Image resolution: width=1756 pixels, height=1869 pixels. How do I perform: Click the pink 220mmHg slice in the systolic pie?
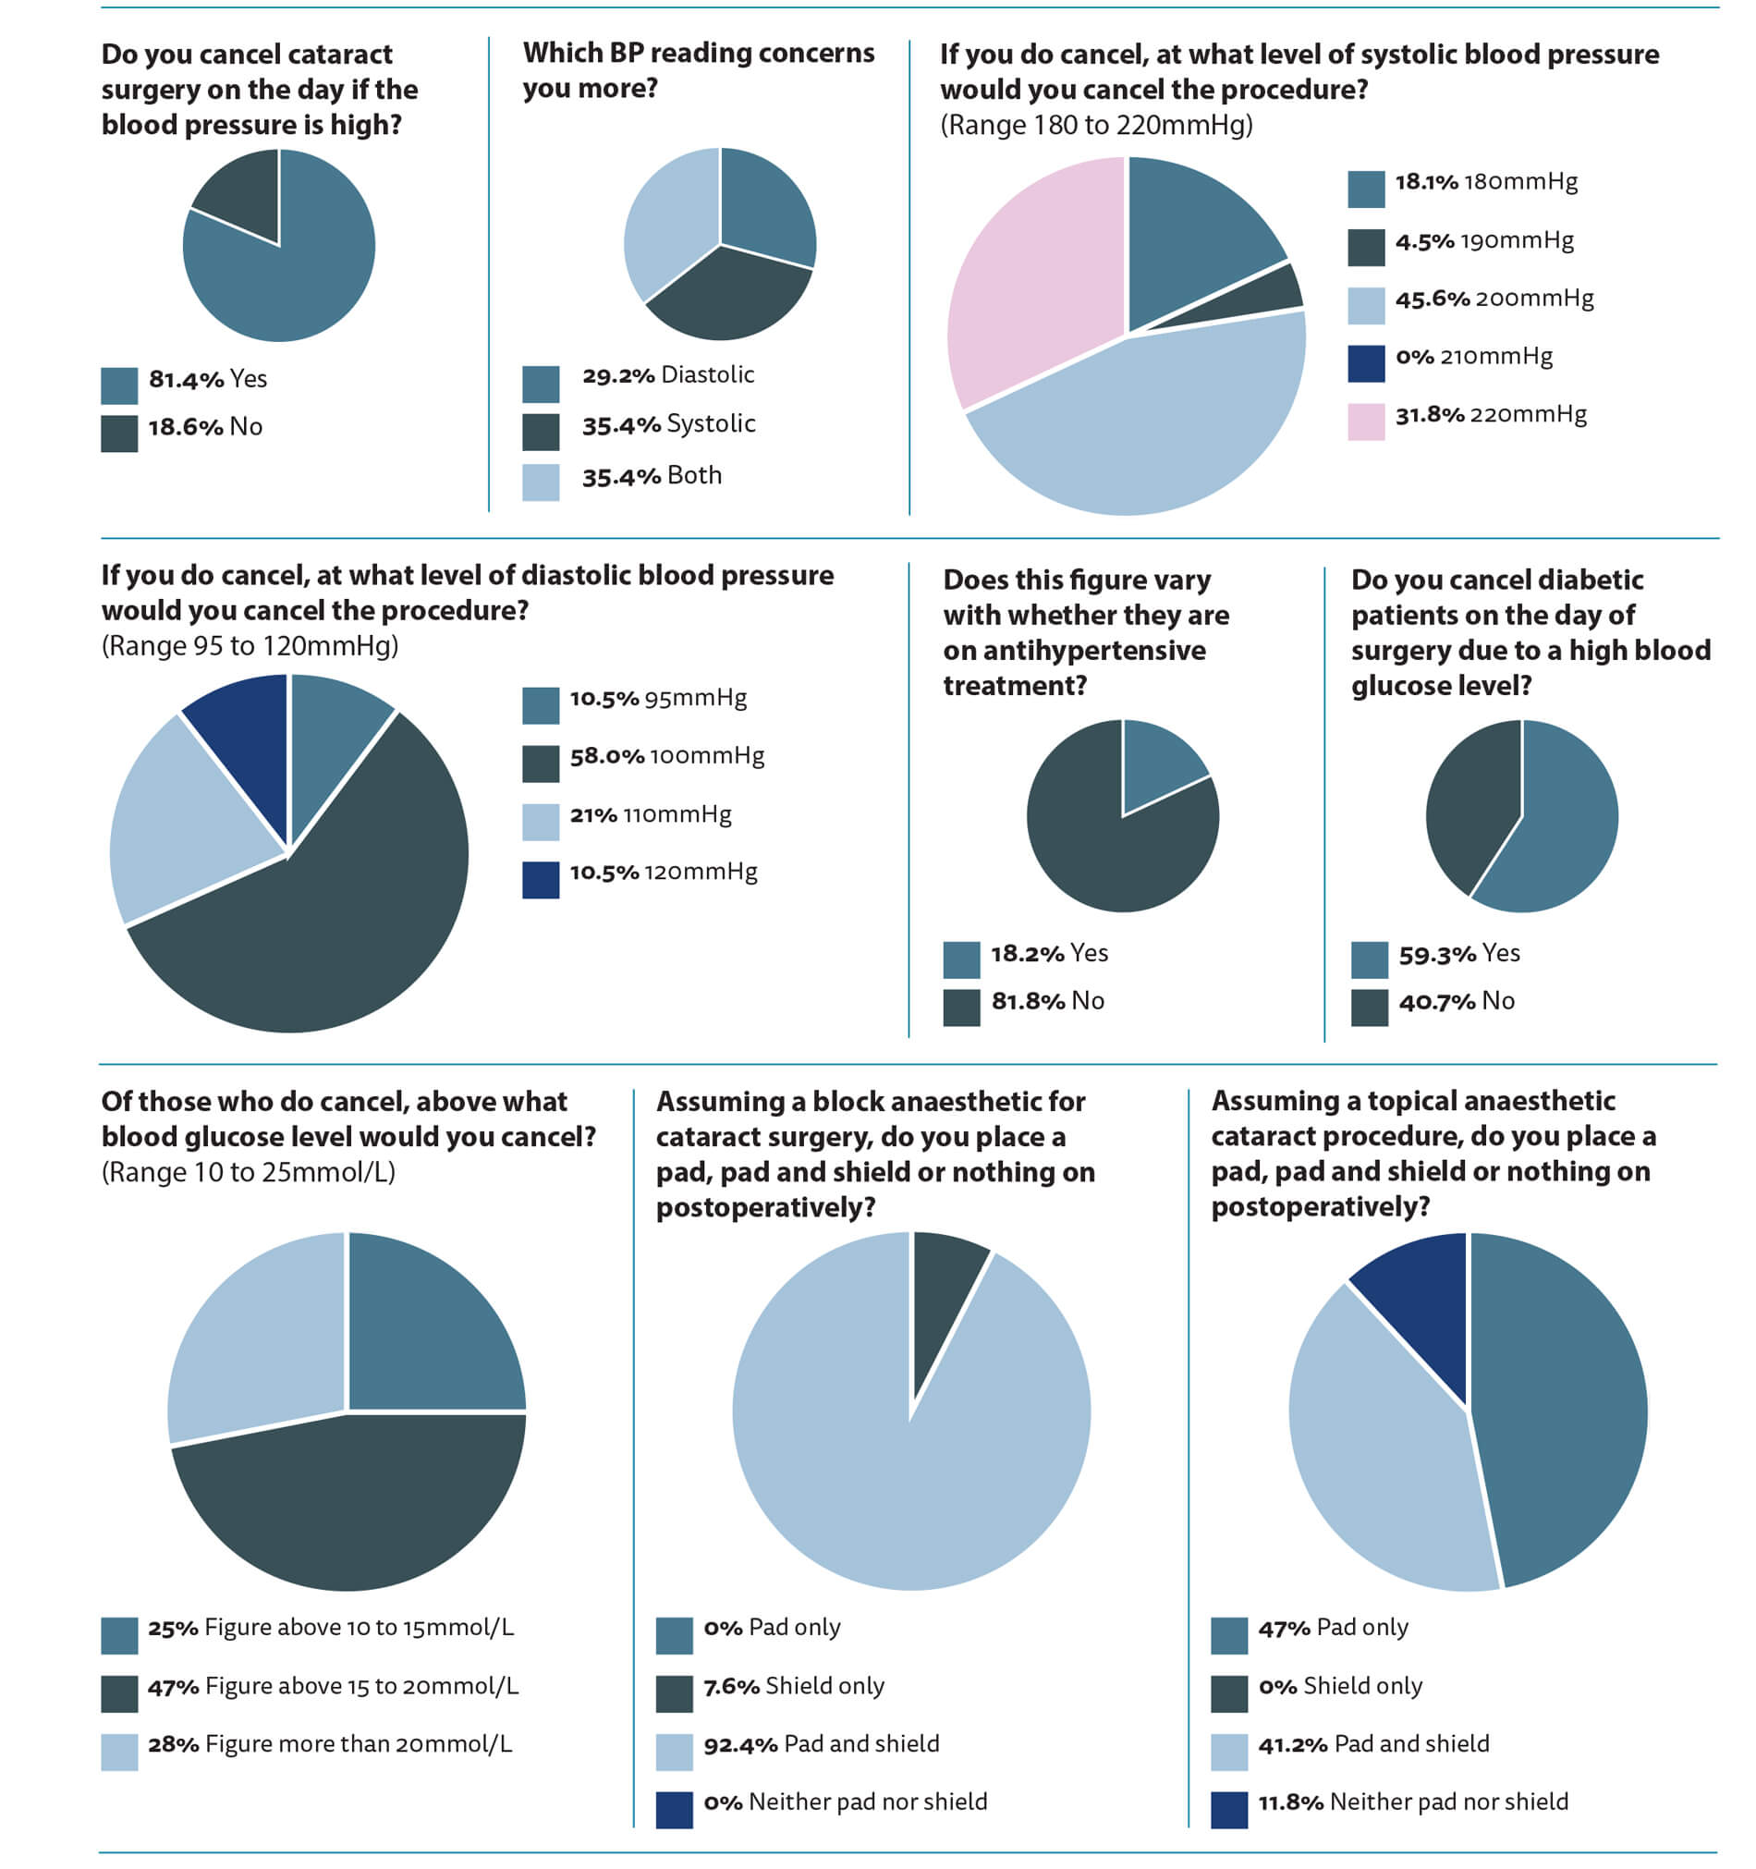1030,273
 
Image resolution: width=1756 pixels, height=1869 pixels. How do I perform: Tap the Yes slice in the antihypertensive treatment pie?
1156,766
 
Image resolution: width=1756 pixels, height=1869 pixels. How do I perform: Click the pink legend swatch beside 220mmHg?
1365,421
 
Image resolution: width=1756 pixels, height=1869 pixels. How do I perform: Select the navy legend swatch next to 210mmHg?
1365,364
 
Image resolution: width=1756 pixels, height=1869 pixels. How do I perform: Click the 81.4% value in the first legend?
186,380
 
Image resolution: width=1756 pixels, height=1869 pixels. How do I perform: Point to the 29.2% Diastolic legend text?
667,375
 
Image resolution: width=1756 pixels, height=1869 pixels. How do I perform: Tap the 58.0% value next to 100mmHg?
606,756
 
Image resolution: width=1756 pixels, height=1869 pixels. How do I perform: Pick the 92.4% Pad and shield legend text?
821,1744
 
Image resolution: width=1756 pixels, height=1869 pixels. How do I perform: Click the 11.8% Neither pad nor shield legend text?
1412,1802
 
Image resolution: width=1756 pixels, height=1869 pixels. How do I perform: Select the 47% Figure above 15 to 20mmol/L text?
333,1686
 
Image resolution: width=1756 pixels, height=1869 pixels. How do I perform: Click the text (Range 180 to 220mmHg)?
1096,125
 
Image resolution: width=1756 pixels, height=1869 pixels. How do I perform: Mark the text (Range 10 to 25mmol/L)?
249,1172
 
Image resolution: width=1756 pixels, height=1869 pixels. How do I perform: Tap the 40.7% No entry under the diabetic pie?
1457,1001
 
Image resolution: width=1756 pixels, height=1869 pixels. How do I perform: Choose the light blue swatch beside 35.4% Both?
541,483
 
